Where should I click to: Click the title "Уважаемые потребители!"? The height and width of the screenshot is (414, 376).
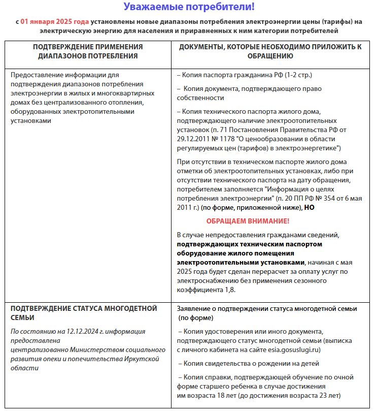pos(189,7)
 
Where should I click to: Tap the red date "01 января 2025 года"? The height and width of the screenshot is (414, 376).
pos(55,22)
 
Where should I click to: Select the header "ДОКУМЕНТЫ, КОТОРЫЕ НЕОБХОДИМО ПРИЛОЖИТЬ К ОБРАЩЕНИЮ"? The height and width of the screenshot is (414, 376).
pos(270,51)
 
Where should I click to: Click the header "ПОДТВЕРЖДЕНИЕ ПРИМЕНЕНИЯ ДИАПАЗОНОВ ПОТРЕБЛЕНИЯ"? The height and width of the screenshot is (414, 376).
pos(88,51)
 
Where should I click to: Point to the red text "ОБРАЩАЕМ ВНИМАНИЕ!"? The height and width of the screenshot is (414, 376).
pos(248,221)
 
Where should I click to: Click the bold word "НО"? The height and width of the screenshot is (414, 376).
pos(309,207)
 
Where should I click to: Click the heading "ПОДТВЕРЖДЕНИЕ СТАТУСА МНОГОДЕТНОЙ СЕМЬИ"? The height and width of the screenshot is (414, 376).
pos(84,313)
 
